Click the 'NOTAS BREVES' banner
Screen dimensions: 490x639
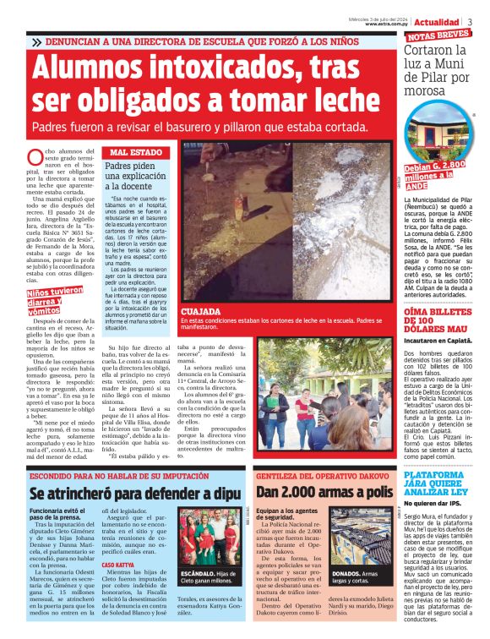pos(438,35)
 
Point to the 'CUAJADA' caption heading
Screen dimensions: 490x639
pos(200,311)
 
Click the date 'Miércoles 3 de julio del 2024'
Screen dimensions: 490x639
pos(381,18)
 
